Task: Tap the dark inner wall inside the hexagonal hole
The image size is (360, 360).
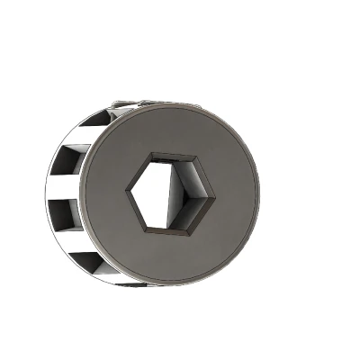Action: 148,194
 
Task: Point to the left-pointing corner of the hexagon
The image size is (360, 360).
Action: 127,193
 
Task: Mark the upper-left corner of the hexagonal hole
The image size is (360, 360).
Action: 149,155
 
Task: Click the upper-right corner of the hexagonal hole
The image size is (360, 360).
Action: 191,154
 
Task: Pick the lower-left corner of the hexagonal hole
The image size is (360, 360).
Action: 147,231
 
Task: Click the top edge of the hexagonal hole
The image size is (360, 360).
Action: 170,154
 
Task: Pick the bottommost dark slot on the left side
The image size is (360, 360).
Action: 85,260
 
